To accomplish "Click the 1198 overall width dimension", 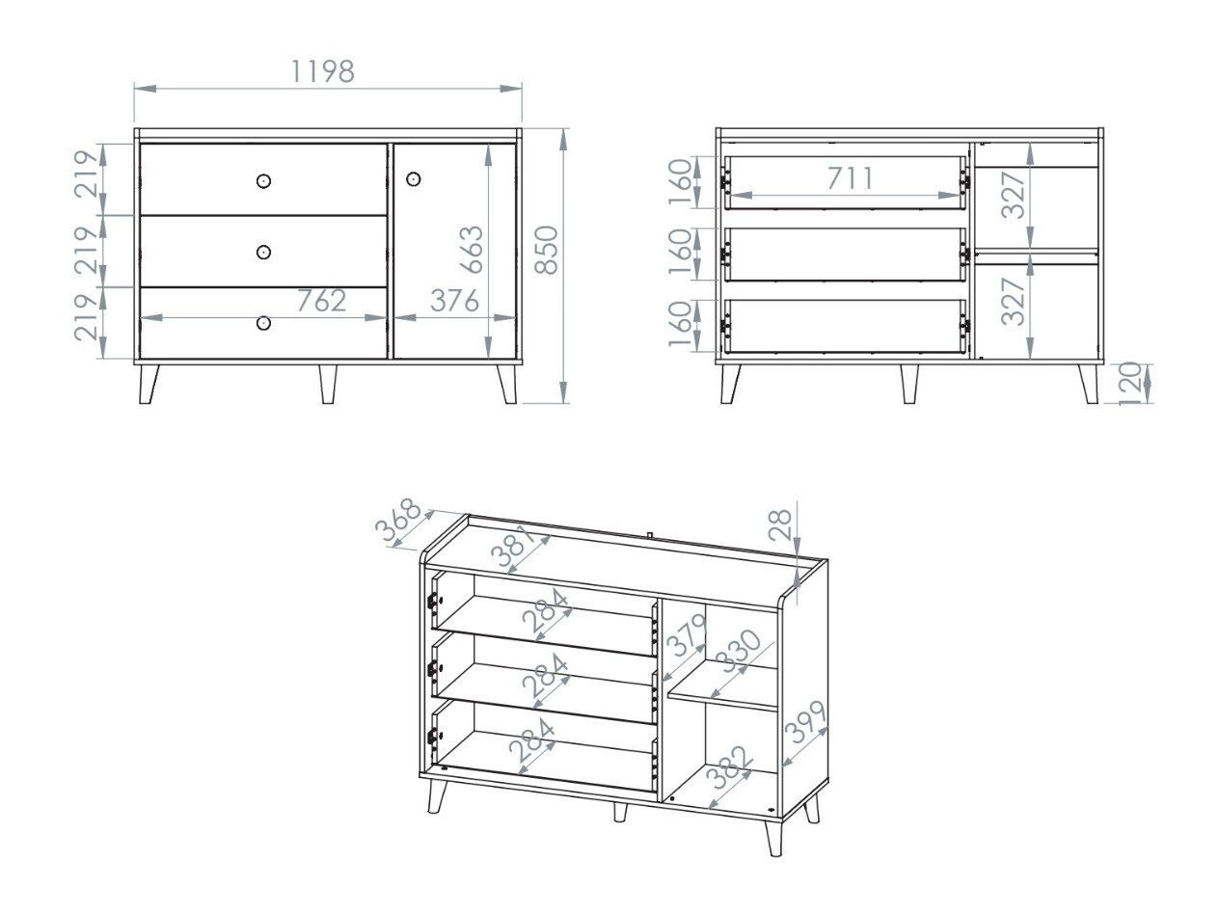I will (322, 70).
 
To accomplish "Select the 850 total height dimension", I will (547, 250).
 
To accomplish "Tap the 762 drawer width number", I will (320, 301).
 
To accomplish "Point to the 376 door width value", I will (453, 301).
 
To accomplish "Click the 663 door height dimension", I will (472, 250).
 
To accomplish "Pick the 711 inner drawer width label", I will (850, 178).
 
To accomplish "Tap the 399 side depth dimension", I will (806, 722).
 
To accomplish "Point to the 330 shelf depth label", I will (741, 655).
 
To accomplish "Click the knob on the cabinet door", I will (414, 179).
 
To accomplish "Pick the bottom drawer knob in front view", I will (264, 323).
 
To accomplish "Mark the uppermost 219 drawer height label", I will (87, 174).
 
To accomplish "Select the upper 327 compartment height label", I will (1013, 195).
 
